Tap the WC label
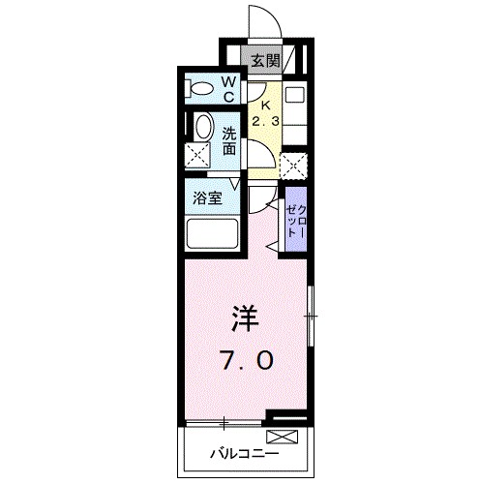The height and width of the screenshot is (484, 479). tap(229, 89)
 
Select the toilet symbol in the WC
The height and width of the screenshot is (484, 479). tap(201, 89)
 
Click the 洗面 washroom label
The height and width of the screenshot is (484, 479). tap(229, 141)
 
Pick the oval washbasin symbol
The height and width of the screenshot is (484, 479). tap(202, 128)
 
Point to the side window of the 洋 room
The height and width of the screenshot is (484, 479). tap(310, 316)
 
